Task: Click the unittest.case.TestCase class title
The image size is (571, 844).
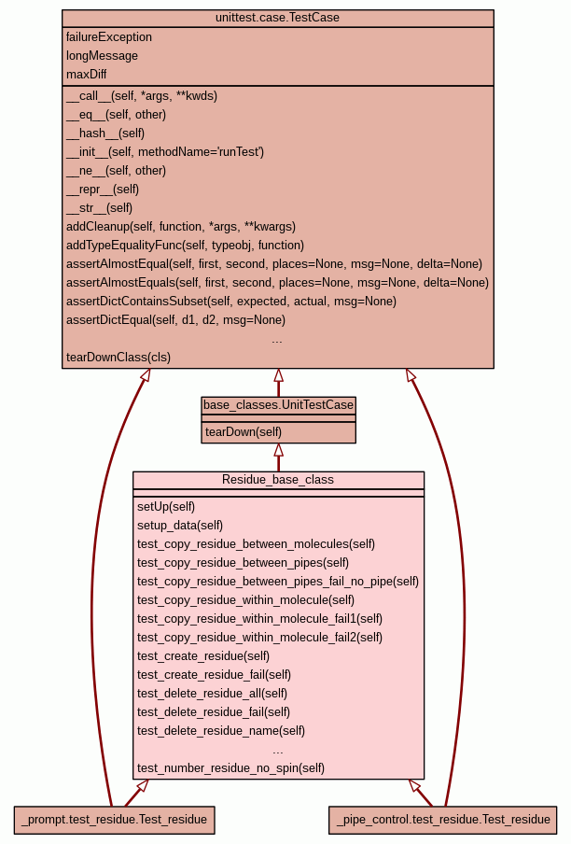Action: tap(277, 19)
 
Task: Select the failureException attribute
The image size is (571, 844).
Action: tap(109, 37)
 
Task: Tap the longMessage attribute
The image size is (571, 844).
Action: tap(102, 56)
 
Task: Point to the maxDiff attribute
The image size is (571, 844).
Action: tap(86, 75)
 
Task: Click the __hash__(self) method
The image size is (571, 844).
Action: tap(105, 134)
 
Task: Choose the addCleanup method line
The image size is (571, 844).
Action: tap(181, 227)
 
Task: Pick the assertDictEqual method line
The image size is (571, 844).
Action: tap(175, 320)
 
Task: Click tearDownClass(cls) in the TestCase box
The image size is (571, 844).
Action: tap(118, 358)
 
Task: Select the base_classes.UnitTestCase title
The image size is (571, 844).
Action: tap(278, 405)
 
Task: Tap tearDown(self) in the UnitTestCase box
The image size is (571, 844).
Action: tap(244, 432)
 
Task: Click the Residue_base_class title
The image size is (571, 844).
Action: tap(278, 480)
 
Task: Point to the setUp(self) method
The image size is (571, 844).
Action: tap(166, 507)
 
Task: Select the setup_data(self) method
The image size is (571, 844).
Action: tap(180, 526)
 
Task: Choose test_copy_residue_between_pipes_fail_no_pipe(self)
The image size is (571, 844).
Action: tap(277, 582)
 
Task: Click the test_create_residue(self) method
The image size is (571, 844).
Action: tap(203, 656)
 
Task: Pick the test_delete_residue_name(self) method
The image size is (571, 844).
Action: tap(221, 731)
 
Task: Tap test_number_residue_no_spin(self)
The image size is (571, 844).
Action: tap(230, 768)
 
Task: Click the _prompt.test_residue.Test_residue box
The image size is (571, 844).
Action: tap(114, 820)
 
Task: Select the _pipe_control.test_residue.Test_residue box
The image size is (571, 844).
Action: tap(442, 820)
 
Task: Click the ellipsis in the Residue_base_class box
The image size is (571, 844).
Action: tap(278, 750)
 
